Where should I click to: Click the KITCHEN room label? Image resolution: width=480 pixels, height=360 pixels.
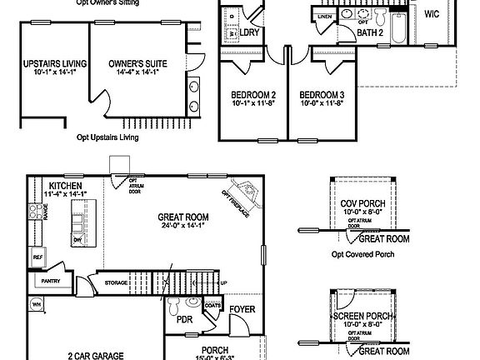coord(66,186)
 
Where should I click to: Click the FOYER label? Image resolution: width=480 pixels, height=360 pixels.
coord(242,310)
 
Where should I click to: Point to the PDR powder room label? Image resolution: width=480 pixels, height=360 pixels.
coord(184,317)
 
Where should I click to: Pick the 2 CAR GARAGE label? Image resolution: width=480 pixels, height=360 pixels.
coord(95,353)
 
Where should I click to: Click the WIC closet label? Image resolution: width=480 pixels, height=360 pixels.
coord(432,14)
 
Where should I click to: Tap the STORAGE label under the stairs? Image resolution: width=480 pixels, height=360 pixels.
coord(117,283)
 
